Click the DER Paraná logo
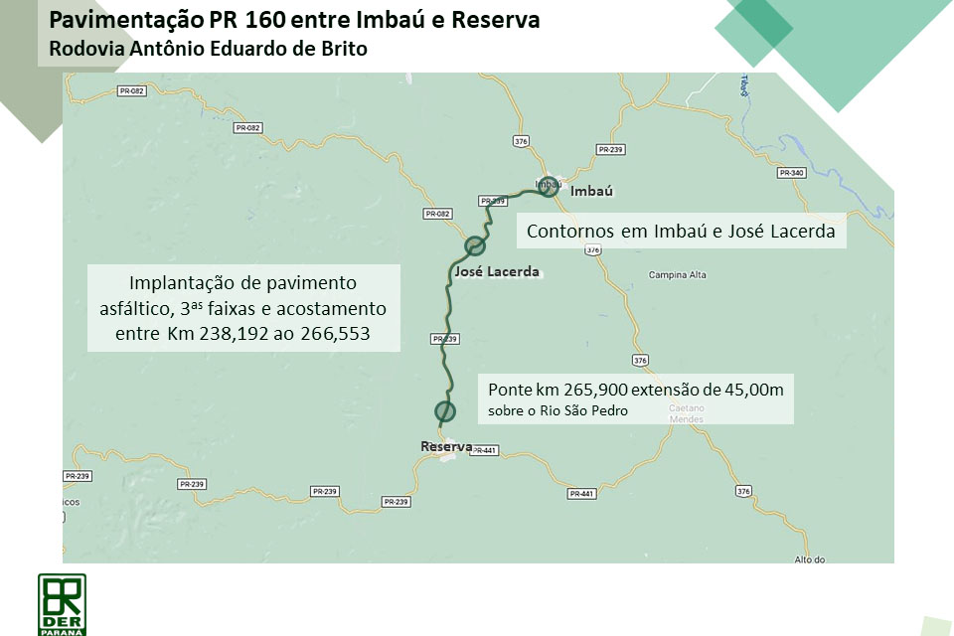point(62,603)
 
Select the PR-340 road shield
point(792,173)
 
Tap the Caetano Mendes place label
point(686,414)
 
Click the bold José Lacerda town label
point(496,271)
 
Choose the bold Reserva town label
point(446,447)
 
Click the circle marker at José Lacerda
point(475,245)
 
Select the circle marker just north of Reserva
point(444,410)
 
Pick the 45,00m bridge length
point(747,390)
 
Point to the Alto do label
point(810,559)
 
